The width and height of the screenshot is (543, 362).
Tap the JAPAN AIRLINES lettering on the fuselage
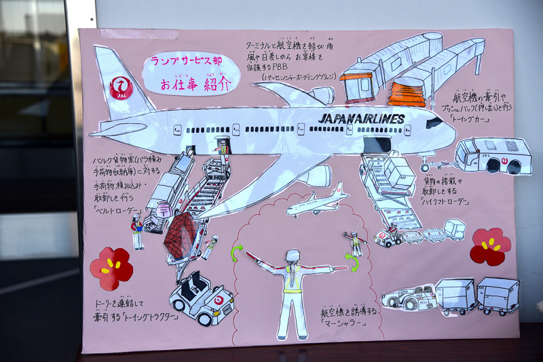[x=361, y=119]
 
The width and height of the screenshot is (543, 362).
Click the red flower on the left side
[x=111, y=266]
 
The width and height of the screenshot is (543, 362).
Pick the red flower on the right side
[x=491, y=245]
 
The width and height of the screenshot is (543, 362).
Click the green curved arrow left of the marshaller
[x=237, y=253]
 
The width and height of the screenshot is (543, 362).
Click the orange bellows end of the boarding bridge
[x=407, y=91]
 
